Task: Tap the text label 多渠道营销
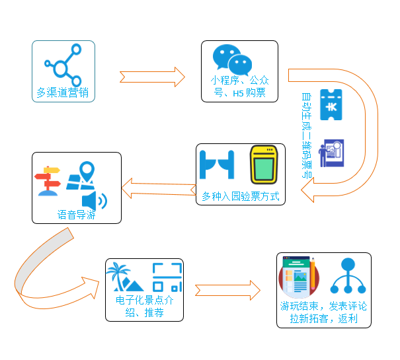pos(63,92)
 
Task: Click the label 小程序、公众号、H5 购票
pos(239,87)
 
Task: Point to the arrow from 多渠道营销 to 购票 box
pos(152,76)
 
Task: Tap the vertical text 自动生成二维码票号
pos(306,135)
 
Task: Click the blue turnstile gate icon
pos(217,166)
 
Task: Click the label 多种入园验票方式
pos(240,196)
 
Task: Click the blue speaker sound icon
pos(93,199)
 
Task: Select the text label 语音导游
pos(76,215)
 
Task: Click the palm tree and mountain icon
pos(128,277)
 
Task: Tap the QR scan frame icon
pos(166,277)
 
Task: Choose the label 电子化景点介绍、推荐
pos(144,306)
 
